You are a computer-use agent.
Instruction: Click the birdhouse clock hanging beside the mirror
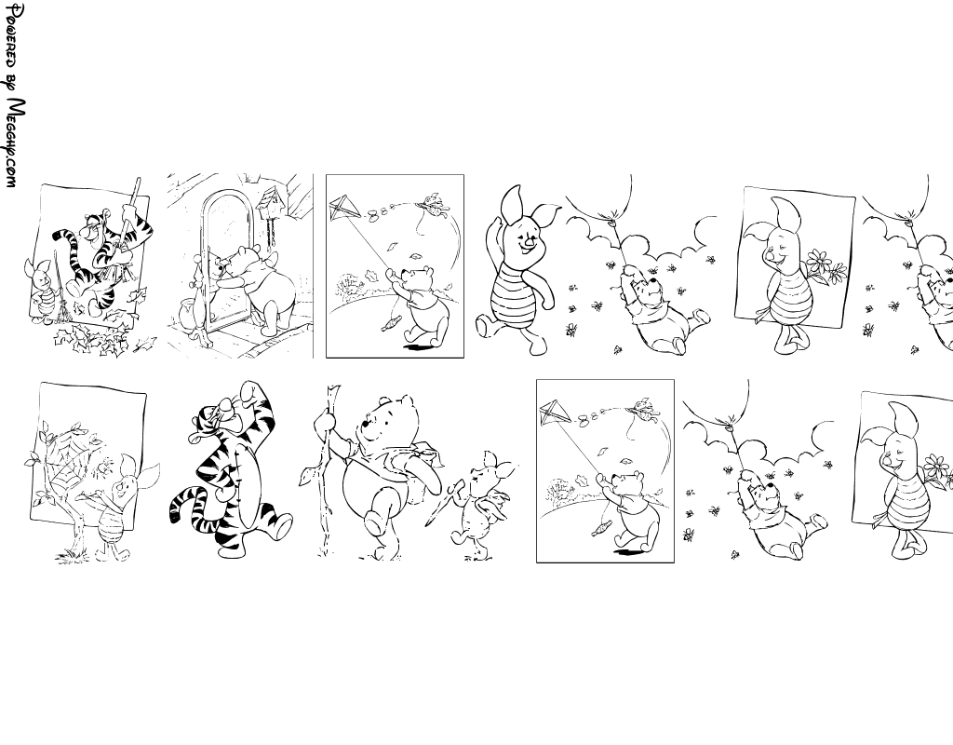269,201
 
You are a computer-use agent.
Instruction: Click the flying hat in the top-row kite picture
433,203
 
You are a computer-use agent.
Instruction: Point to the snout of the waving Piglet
530,241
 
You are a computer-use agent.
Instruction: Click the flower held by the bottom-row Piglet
940,470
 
